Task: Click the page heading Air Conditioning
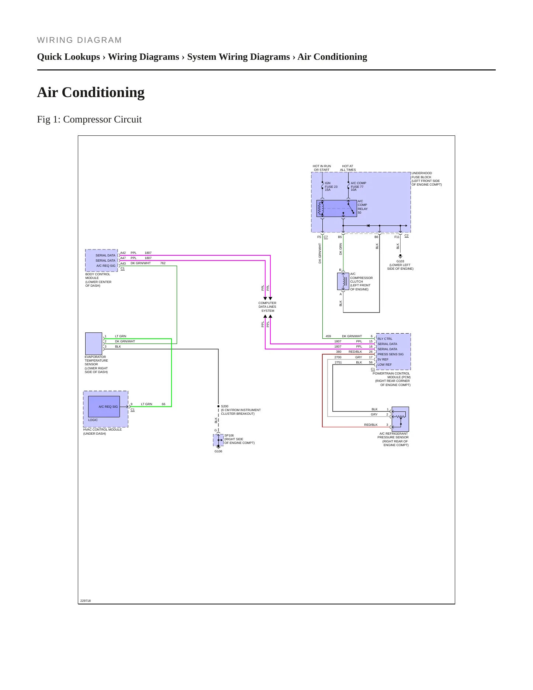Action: point(91,92)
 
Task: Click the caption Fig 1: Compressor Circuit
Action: point(89,120)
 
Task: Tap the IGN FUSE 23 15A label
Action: point(331,186)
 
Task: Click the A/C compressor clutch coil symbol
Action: point(343,282)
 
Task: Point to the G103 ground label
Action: point(400,261)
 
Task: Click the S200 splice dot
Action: point(218,406)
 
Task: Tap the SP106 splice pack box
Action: point(218,440)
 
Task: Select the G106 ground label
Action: point(218,451)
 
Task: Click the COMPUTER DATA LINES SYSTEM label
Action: point(267,307)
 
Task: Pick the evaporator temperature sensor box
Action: point(94,344)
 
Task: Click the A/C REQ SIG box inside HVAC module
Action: point(104,407)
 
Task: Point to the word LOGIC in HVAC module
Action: point(93,420)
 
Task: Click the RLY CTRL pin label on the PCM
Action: point(385,339)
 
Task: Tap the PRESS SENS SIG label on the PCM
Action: point(390,354)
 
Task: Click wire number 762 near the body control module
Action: point(163,263)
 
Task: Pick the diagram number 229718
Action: point(86,601)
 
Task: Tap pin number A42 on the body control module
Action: point(123,253)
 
